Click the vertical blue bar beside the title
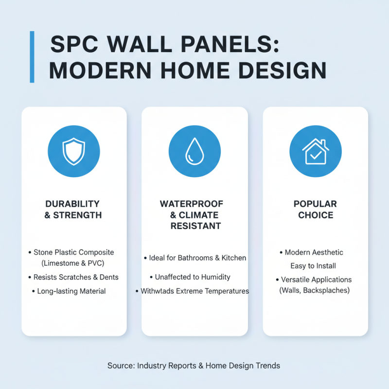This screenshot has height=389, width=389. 32,57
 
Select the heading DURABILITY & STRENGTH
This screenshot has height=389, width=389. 73,209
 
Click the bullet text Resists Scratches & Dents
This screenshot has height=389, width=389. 76,277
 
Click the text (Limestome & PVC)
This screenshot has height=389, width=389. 74,263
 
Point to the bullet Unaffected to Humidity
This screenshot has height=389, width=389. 193,277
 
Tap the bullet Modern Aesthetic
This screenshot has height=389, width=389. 314,252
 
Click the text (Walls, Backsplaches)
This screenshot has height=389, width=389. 315,290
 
